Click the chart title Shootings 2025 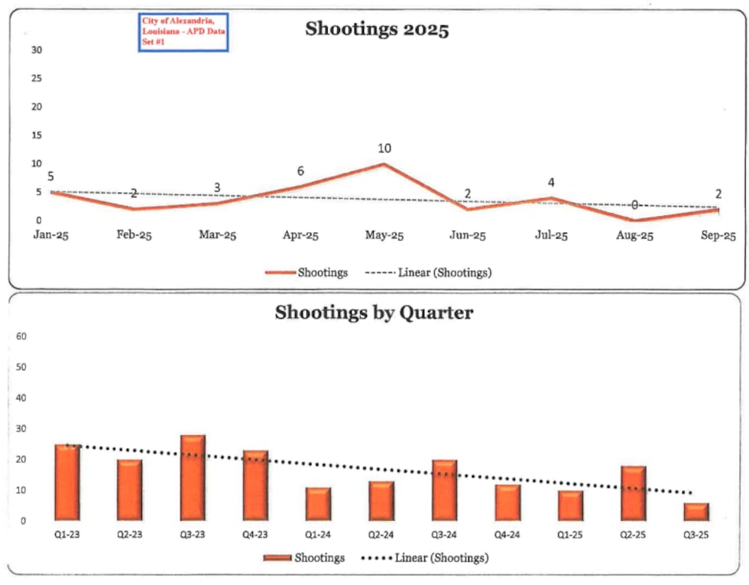377,30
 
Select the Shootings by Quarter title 374,313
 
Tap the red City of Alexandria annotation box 183,33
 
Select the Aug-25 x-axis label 634,236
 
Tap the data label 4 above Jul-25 550,183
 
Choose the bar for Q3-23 193,478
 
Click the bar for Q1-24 319,504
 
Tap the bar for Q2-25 634,493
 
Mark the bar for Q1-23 67,483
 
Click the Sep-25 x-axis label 718,236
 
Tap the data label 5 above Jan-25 50,177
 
